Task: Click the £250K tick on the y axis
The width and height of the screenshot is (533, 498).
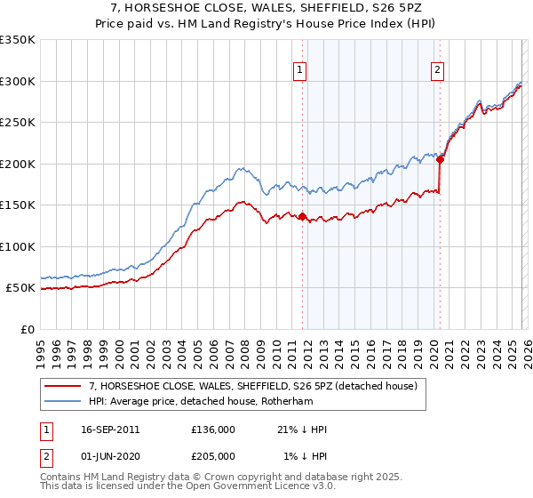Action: tap(18, 123)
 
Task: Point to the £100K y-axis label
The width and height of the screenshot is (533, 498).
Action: tap(18, 246)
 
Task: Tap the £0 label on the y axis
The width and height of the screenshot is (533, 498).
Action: tap(27, 329)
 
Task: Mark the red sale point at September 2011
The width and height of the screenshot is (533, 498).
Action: tap(302, 216)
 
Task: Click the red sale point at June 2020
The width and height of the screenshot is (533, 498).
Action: tap(440, 160)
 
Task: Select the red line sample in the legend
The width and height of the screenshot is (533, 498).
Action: tap(63, 385)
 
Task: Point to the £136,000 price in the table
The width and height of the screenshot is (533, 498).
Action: tap(213, 430)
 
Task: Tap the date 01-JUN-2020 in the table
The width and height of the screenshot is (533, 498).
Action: tap(108, 456)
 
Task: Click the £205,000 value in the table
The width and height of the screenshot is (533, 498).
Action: tap(213, 456)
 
